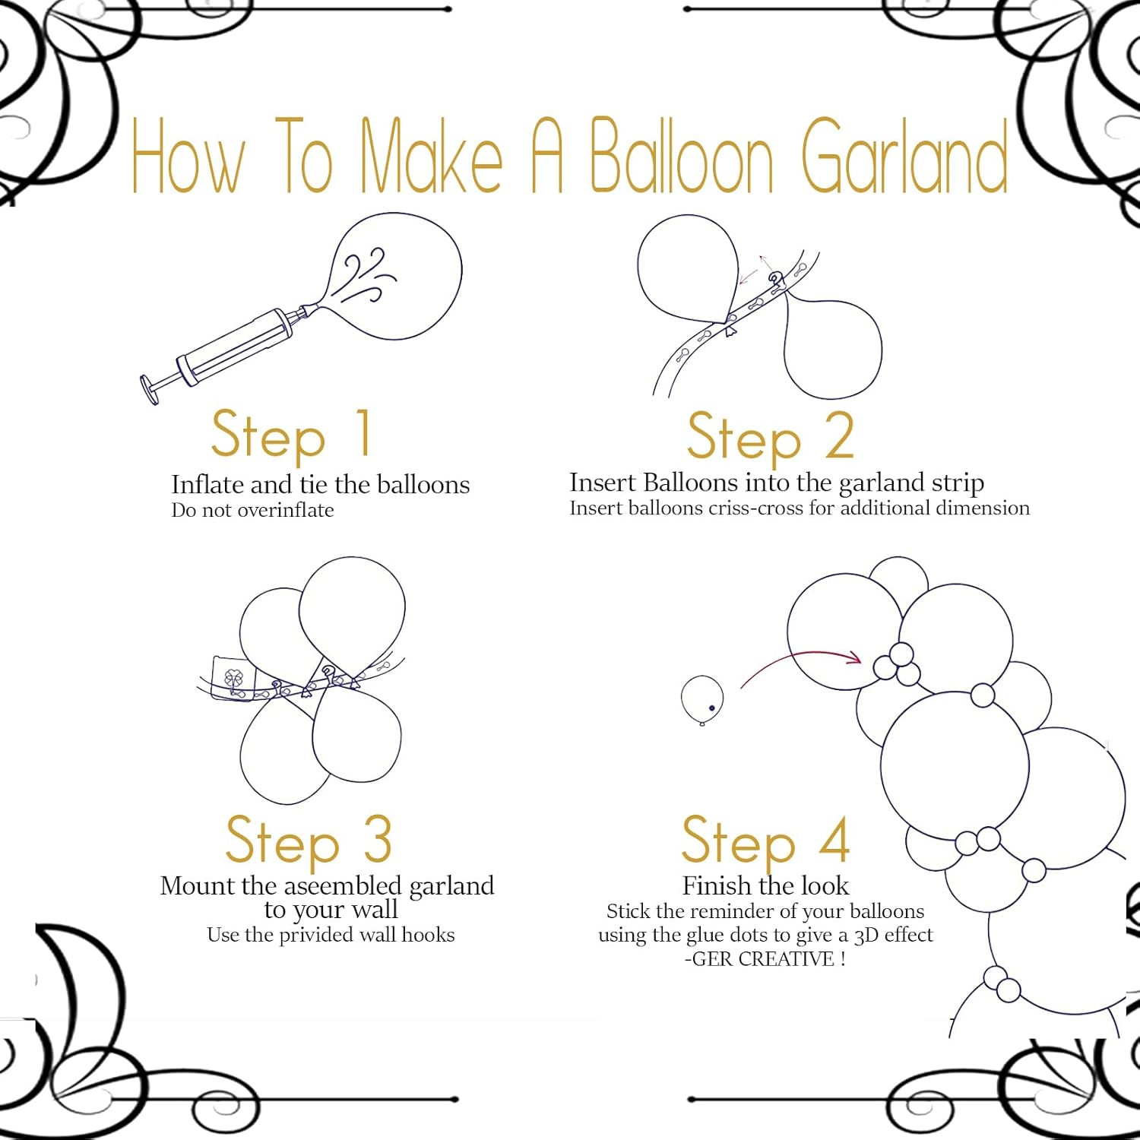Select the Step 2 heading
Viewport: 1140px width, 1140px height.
(770, 437)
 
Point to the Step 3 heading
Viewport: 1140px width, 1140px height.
(309, 841)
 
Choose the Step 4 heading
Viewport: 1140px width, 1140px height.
(765, 841)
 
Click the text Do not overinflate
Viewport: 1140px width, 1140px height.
(252, 510)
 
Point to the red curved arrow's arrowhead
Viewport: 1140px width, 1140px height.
(855, 657)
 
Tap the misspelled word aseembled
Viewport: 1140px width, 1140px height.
(345, 886)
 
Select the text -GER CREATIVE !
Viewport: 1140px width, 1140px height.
(765, 959)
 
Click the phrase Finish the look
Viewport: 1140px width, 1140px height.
(765, 886)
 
